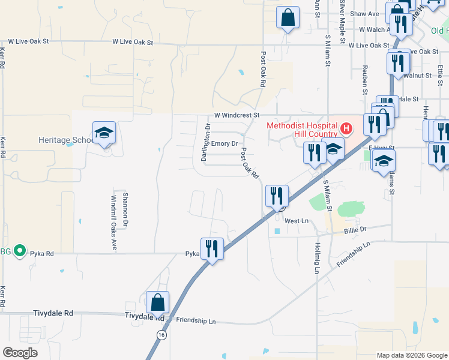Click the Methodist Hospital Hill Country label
click(x=303, y=129)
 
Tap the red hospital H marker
click(x=346, y=128)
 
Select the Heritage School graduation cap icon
click(x=104, y=134)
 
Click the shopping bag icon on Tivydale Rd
click(x=157, y=302)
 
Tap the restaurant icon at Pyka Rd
click(x=212, y=248)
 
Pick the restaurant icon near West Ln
click(x=277, y=196)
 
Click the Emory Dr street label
click(x=225, y=144)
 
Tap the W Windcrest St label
click(x=237, y=115)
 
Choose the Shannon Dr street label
click(x=125, y=208)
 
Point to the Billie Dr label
click(x=355, y=229)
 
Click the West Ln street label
click(x=296, y=221)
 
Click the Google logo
click(x=20, y=352)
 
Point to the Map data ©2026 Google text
click(x=411, y=355)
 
